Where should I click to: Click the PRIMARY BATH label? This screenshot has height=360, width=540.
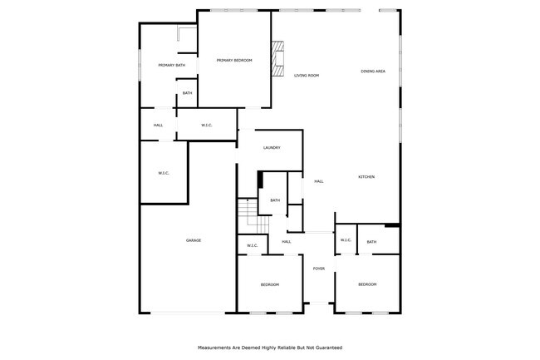(172, 65)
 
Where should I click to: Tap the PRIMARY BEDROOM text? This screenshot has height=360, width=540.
(234, 61)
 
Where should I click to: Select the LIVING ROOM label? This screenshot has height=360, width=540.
(307, 76)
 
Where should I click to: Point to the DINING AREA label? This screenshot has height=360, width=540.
(373, 72)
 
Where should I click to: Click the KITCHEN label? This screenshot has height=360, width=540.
(366, 177)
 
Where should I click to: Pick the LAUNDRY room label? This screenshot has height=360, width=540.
(272, 148)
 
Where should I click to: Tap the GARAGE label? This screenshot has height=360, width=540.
(194, 240)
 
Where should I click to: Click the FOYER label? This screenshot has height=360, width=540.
(319, 269)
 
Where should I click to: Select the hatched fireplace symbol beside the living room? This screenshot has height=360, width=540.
(278, 56)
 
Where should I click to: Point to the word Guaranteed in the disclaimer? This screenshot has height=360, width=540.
(325, 348)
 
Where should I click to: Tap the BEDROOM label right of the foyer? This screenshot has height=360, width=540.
(367, 284)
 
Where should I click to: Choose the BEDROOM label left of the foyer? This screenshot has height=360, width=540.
(270, 285)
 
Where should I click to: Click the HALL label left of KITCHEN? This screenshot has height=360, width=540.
(318, 181)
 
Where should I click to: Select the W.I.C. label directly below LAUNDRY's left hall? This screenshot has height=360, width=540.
(164, 173)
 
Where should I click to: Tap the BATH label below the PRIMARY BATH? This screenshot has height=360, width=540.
(187, 93)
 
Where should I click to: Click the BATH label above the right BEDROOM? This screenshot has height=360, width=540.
(371, 242)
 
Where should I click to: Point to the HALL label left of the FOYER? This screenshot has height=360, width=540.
(286, 242)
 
